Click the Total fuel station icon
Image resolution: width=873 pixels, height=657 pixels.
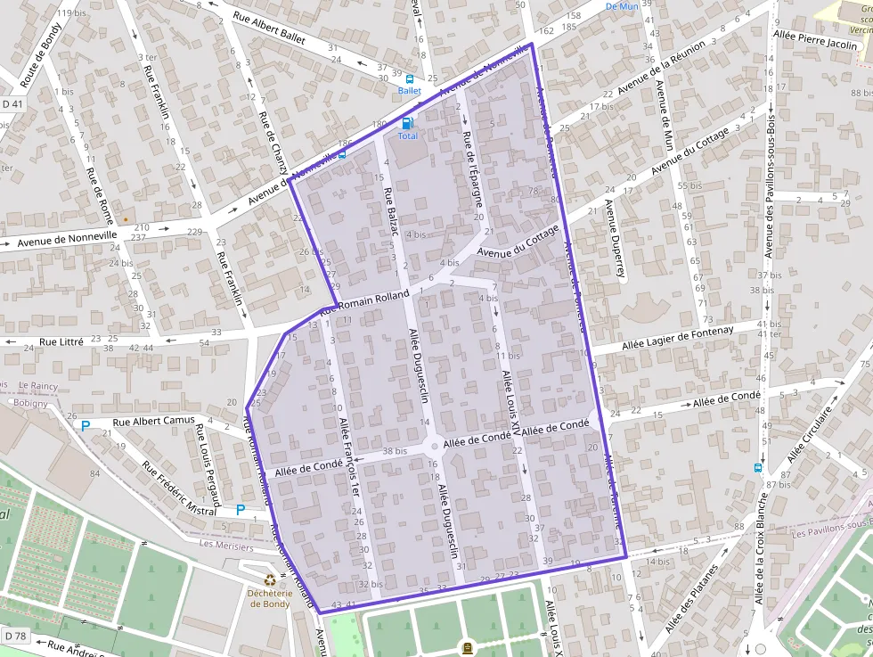[x=407, y=123]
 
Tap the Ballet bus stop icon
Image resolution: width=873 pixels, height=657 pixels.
[x=410, y=78]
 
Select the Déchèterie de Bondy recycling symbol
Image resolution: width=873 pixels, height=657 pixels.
[x=268, y=582]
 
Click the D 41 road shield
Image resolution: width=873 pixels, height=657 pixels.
[x=12, y=79]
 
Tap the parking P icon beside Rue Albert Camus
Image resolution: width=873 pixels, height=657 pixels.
[x=86, y=426]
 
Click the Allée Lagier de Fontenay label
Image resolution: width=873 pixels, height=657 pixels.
[x=678, y=337]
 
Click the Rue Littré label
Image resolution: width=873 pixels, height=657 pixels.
[x=61, y=341]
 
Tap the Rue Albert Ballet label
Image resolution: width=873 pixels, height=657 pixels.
[x=269, y=26]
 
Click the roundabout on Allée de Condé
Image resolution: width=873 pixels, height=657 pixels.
[x=434, y=446]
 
